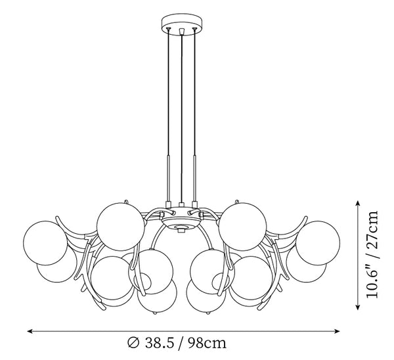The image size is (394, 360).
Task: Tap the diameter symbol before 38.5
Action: point(133,343)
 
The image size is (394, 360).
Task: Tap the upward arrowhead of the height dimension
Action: point(358,204)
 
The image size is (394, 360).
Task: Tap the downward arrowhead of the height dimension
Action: point(358,307)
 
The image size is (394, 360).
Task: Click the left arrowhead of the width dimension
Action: point(31,331)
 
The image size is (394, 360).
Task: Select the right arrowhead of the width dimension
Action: point(336,331)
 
